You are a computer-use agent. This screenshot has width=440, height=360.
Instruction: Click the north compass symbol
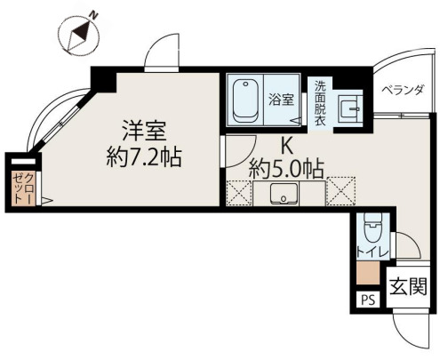coord(79,34)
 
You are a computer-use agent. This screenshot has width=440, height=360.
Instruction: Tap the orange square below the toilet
coord(368,274)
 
